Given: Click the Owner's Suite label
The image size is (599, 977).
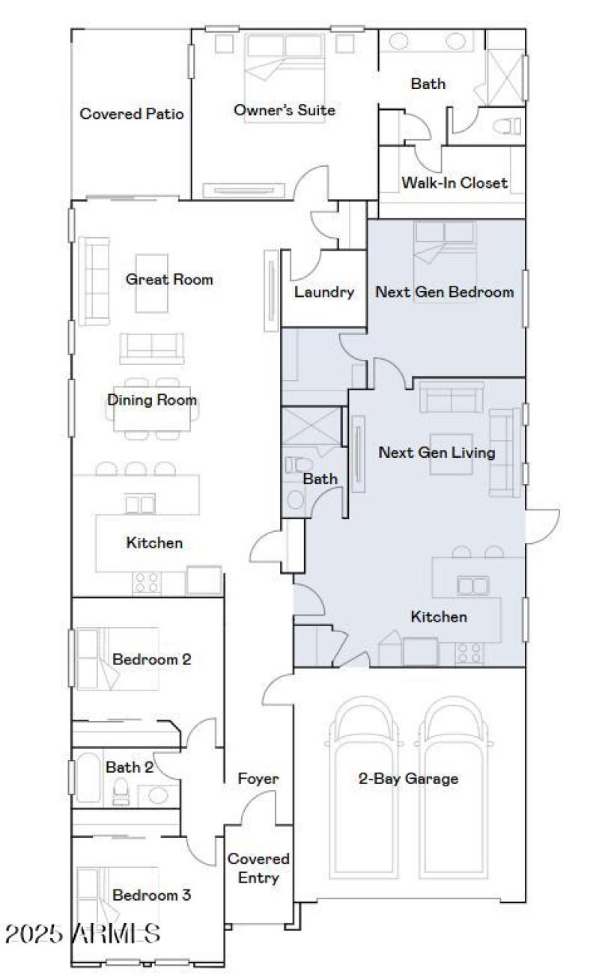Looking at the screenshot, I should coord(284,111).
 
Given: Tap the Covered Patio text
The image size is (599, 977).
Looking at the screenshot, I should coord(132,114).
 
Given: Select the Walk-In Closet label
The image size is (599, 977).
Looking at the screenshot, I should coord(454,183).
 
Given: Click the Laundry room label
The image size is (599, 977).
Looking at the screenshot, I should coord(323,292).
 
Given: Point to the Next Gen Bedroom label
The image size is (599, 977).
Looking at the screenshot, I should coord(444,292).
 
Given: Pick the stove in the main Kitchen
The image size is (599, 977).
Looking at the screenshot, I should coord(147,583).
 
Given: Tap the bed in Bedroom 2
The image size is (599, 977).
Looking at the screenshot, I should coord(116,658).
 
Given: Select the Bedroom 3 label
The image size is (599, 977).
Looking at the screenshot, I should coord(152,895).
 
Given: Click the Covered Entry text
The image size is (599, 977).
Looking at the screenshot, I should coord(258,868).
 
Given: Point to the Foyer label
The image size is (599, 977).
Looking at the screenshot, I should coord(258,779).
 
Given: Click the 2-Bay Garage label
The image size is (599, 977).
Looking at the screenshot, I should coord(408,779).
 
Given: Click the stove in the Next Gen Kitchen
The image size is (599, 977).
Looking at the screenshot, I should coord(469,653).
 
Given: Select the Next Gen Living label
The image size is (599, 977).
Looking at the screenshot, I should coord(437,453).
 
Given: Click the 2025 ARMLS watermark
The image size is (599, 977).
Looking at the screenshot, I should coord(82,934).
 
